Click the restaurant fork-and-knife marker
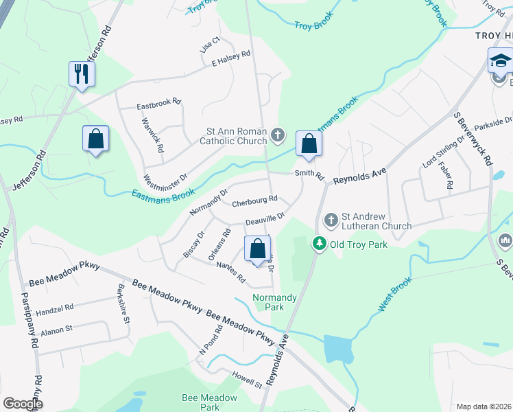coord(82,73)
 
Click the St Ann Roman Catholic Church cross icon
coord(278,135)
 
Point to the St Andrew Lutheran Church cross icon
coord(331,220)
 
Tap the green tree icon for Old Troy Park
coord(319,244)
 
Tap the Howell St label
coord(248,380)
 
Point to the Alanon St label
coord(57,330)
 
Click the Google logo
coord(23,404)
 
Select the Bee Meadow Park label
coord(209,402)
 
